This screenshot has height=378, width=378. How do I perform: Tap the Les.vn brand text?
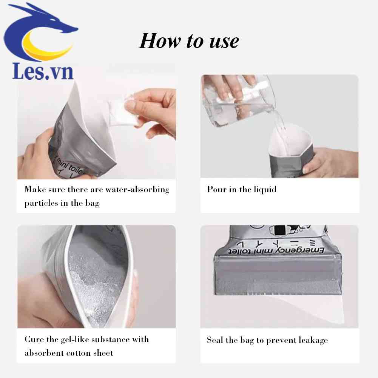click(x=43, y=71)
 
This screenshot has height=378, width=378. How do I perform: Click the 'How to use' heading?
click(x=189, y=41)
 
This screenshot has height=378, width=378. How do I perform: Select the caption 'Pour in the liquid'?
click(x=242, y=189)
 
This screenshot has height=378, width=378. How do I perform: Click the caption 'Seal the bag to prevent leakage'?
click(x=267, y=340)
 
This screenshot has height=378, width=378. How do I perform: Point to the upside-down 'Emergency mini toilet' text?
click(x=281, y=250)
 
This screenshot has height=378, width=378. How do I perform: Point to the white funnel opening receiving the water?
click(x=289, y=140)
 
